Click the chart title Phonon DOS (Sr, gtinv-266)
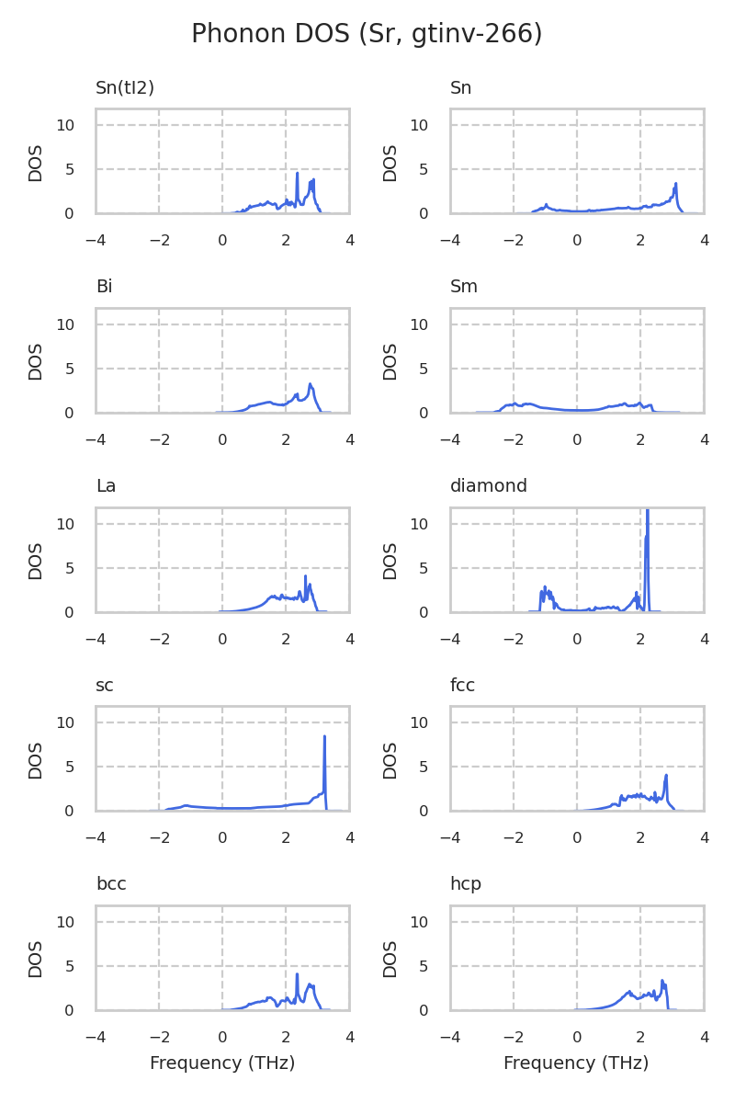click(367, 34)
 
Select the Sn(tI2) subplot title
click(125, 88)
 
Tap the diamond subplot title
click(488, 486)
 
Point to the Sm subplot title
click(463, 287)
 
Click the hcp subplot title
click(465, 884)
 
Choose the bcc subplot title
click(111, 884)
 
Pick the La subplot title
click(106, 486)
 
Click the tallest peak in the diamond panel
click(648, 510)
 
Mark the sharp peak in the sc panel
click(324, 736)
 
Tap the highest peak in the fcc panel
click(665, 775)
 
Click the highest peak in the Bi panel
click(311, 384)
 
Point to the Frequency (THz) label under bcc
click(222, 1063)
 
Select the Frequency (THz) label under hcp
click(576, 1063)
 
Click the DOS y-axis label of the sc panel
click(36, 759)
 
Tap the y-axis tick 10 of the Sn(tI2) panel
click(65, 125)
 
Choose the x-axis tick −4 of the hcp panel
click(450, 1037)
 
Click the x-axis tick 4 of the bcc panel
click(349, 1037)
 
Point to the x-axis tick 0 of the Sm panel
click(577, 439)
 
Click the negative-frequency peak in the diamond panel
click(545, 586)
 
